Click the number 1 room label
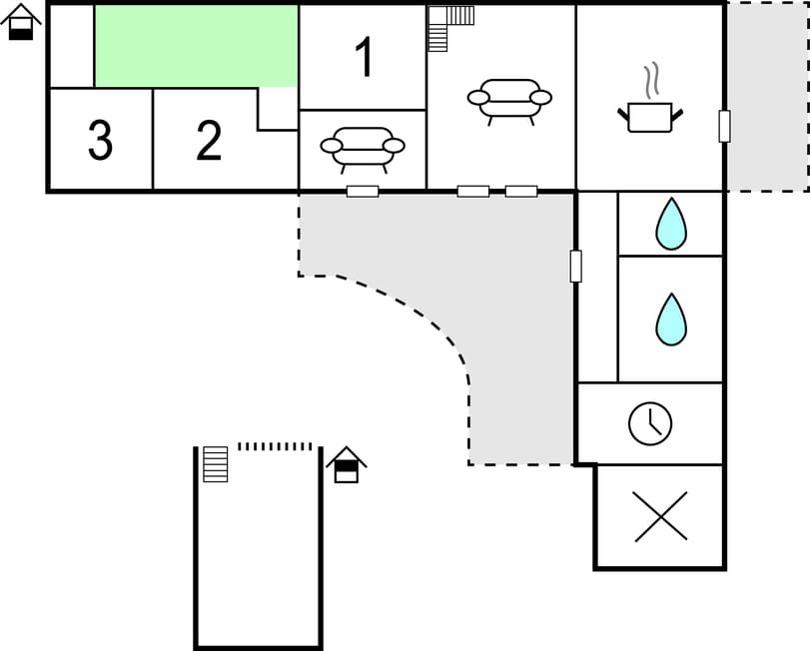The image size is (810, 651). pos(365,57)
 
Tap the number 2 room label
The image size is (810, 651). pos(209,140)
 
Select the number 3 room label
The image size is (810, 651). pos(100,140)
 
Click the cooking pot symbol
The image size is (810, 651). pos(650,117)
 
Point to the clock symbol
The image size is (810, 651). pos(650,423)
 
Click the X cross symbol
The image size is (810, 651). pos(661,516)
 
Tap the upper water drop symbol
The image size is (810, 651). pos(671,224)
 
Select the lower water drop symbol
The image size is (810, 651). pos(671,320)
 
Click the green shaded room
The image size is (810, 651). pos(197,46)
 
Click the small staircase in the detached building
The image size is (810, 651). pos(216,464)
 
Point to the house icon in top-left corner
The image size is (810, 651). pos(21,22)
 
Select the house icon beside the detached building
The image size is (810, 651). pos(347,464)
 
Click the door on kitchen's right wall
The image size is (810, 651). pos(724,126)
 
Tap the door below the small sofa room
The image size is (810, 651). pos(363,192)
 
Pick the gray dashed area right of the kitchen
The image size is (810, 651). pos(768,97)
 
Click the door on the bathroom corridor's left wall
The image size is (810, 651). pos(575,267)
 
